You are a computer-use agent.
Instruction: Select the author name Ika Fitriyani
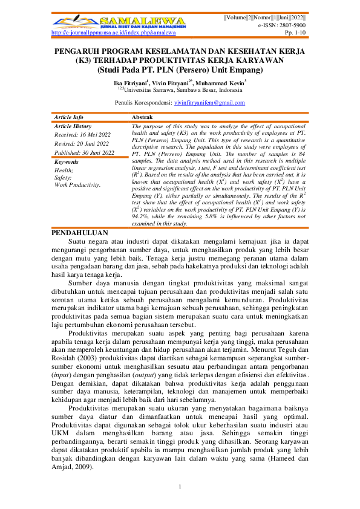click(131, 82)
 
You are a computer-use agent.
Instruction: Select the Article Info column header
click(69, 116)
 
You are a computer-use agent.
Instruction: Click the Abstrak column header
click(142, 116)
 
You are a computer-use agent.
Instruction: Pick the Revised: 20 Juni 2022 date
click(81, 144)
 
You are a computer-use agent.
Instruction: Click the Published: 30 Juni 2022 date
click(84, 153)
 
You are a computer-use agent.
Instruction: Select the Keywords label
click(67, 162)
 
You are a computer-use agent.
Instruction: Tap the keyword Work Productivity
click(77, 184)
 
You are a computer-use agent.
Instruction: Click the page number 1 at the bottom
click(180, 487)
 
